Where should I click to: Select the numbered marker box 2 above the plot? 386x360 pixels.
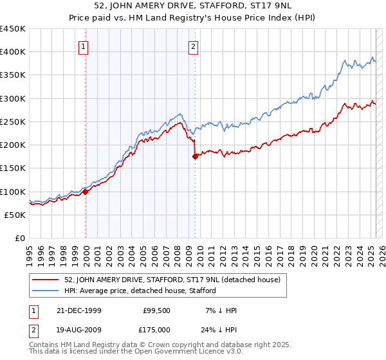194,46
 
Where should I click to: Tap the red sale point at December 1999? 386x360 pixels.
85,192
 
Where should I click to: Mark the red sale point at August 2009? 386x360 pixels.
195,156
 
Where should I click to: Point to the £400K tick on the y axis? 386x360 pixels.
14,52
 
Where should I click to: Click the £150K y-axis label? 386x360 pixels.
14,168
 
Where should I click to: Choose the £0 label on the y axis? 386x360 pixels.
19,239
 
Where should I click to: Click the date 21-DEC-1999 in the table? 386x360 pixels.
79,310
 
